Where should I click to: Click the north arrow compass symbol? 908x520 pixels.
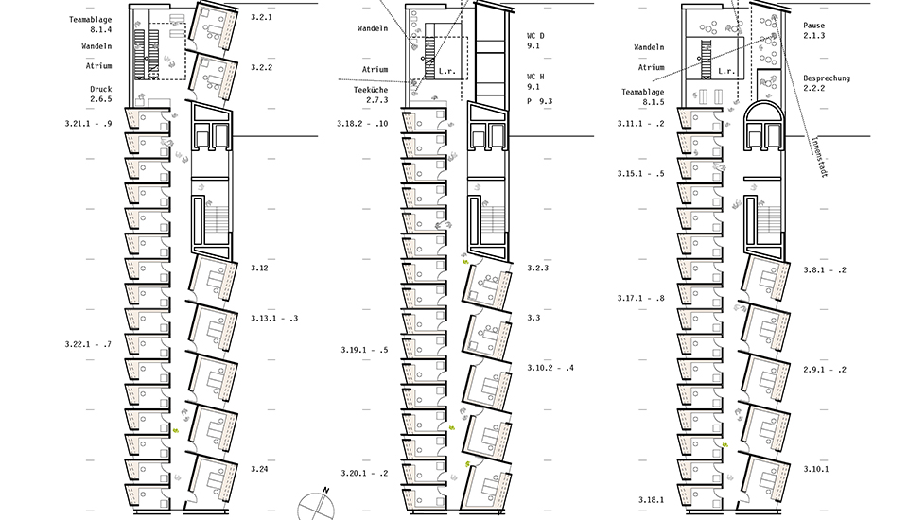tap(317, 505)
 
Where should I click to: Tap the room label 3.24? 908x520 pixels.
tap(259, 469)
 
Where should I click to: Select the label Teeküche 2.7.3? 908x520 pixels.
tap(371, 95)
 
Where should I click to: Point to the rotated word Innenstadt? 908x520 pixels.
tap(817, 156)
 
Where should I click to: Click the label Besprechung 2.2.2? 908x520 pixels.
tap(827, 83)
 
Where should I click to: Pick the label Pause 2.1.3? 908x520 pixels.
tap(813, 30)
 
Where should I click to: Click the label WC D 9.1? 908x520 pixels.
tap(535, 41)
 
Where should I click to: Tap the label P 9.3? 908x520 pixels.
tap(539, 101)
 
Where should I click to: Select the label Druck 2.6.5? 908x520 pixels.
tap(101, 94)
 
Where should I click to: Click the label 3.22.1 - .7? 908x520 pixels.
tap(88, 344)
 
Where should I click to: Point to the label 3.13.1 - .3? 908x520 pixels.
tap(274, 318)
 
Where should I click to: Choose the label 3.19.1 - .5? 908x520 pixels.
tap(364, 350)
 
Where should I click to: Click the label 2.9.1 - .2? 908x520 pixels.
tap(825, 370)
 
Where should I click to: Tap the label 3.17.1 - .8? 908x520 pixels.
tap(640, 298)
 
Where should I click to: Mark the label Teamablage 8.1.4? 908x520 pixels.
tap(91, 25)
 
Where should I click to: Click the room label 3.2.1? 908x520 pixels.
tap(261, 17)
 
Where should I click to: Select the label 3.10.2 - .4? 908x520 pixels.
tap(550, 368)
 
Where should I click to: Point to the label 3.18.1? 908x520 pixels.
tap(652, 500)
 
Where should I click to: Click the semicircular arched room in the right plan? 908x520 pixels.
tap(763, 112)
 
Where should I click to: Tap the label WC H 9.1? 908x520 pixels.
tap(535, 81)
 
